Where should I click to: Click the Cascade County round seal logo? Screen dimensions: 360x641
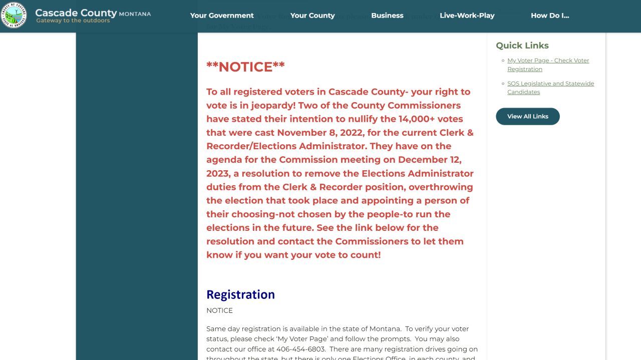14,15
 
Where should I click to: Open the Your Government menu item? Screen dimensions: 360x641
222,16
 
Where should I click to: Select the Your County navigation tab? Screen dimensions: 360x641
312,16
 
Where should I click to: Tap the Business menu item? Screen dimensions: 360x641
387,16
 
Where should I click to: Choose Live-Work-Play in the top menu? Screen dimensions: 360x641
467,16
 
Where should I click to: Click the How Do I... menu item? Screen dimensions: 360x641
550,16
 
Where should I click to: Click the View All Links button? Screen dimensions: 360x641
527,116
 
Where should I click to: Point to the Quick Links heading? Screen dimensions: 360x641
522,46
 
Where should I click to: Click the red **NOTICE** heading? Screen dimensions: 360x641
245,67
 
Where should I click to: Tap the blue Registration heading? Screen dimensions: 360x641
240,294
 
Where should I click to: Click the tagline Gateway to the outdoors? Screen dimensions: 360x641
73,21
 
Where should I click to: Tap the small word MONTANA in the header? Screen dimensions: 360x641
135,14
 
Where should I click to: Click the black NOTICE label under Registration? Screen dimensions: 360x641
219,310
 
